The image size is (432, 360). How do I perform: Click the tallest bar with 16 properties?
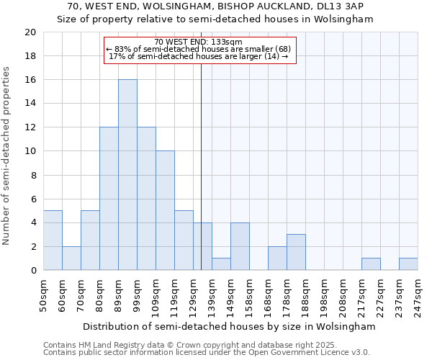127,175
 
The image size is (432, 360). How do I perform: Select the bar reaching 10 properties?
165,211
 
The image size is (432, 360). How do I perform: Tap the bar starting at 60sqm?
71,258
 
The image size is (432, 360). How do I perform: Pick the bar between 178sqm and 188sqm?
296,253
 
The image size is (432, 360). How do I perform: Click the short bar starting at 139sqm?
221,264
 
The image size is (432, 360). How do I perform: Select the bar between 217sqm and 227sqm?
371,264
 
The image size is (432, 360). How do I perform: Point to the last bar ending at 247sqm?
408,264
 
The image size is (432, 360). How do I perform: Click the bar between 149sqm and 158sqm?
240,247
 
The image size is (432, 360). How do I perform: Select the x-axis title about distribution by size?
229,326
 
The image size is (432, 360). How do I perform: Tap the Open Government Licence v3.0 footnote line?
207,353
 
